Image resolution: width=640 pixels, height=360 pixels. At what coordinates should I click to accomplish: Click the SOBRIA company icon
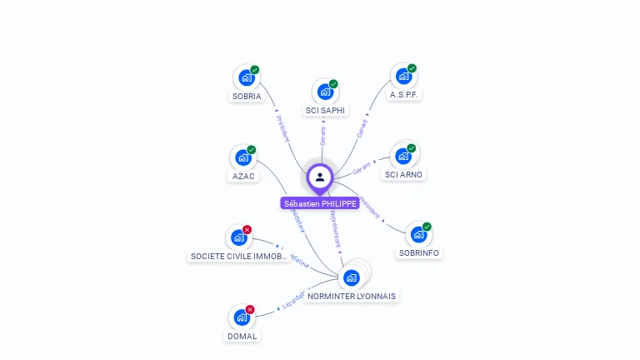point(246,77)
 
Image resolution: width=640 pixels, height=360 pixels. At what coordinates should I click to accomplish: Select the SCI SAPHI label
point(325,110)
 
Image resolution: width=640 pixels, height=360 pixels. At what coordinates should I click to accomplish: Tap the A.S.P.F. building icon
point(403,77)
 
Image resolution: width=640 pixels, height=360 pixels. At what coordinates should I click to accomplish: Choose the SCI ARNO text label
point(403,175)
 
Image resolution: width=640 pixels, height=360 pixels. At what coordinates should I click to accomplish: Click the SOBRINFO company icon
point(418,236)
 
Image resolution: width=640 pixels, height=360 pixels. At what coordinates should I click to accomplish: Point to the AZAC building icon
point(243,157)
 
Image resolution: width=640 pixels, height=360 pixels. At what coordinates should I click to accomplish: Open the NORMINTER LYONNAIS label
point(352,296)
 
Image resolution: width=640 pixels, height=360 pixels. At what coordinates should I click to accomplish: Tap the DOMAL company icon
point(242,317)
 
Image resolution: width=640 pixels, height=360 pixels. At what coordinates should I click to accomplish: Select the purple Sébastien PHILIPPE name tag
point(320,203)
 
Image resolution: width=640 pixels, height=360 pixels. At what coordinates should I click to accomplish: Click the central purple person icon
point(320,177)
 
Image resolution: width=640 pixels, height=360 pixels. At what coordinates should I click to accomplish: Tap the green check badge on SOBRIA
point(255,70)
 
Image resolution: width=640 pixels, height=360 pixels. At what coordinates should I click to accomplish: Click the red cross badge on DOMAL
point(250,310)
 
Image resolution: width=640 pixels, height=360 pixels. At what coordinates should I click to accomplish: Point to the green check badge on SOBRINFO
point(427,227)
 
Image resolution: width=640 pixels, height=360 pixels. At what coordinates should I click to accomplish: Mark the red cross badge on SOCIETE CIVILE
point(247,230)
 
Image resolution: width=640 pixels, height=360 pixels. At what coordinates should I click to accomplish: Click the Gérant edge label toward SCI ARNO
point(362,167)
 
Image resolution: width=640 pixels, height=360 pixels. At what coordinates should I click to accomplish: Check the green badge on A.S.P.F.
point(412,68)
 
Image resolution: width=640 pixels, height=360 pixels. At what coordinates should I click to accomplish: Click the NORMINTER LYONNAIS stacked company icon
point(352,277)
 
